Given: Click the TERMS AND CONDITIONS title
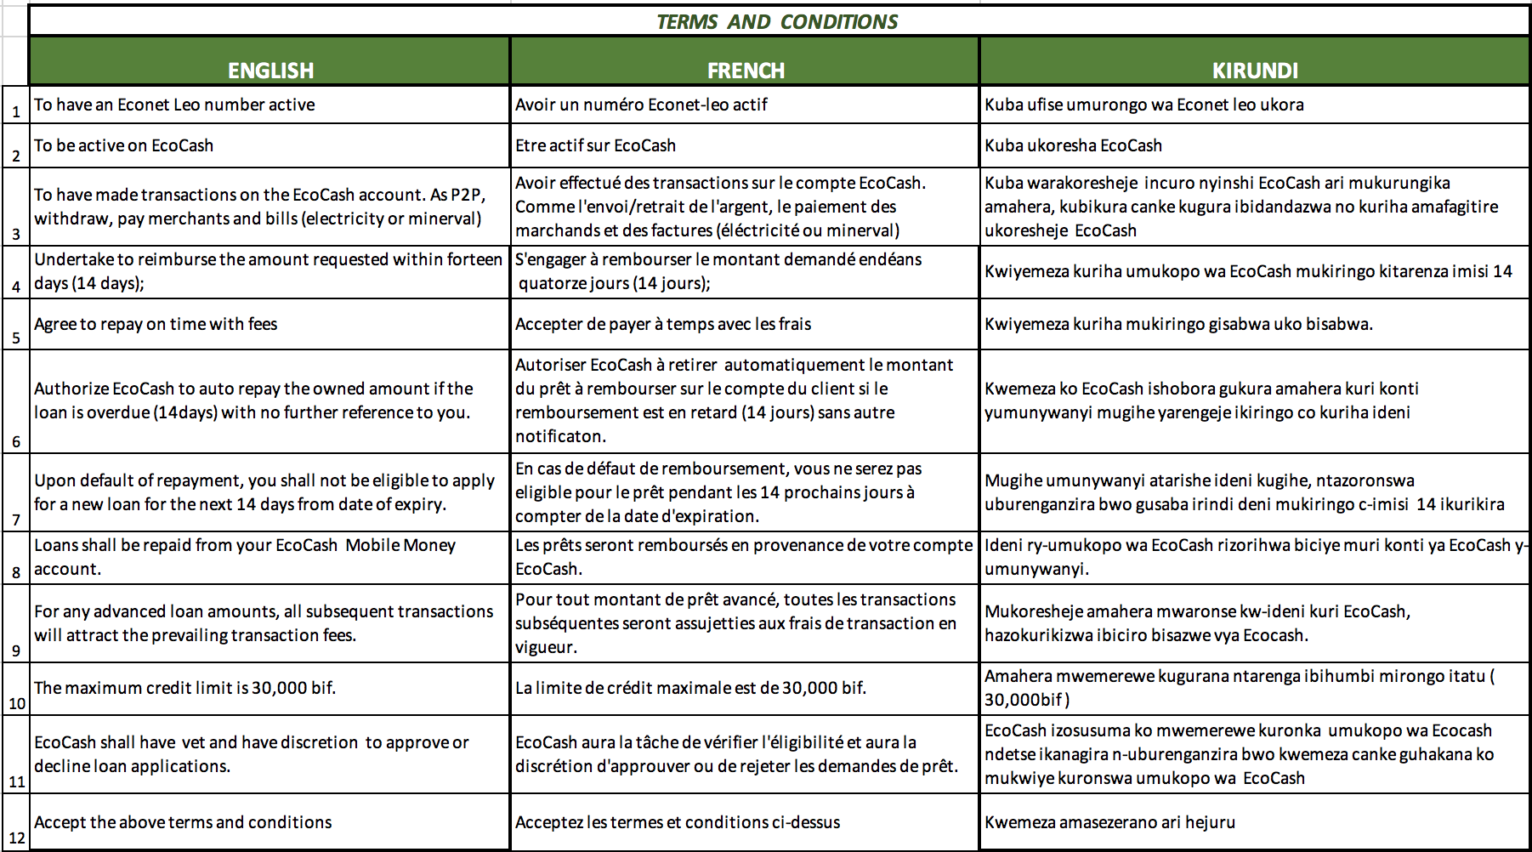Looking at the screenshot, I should tap(777, 21).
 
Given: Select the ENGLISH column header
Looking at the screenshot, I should tap(270, 70).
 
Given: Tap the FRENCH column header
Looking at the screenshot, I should tap(746, 70).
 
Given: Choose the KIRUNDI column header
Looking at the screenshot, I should tap(1255, 70).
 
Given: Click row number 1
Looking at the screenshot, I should tap(15, 111).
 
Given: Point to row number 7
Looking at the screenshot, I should tap(15, 520).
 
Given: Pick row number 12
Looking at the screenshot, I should tap(16, 838).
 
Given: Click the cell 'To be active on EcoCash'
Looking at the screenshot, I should tap(124, 145).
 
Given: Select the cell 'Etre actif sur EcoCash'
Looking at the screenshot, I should tap(595, 145).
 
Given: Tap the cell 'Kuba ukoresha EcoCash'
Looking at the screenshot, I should tap(1073, 145).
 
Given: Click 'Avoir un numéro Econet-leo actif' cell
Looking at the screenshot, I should tap(641, 105).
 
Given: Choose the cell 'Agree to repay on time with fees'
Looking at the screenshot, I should tap(156, 324).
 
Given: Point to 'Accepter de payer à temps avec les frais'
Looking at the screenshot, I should tap(663, 324).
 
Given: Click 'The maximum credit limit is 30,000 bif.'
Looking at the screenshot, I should tap(184, 688).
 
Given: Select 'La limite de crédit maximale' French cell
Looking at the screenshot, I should tap(690, 688).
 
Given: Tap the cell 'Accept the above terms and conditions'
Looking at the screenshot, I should tap(183, 822).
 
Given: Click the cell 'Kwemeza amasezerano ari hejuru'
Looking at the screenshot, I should tap(1109, 822).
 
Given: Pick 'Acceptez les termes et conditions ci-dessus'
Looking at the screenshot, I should tap(678, 822).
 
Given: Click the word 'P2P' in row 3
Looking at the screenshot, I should tap(467, 195).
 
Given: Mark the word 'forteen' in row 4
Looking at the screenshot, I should tap(473, 259).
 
